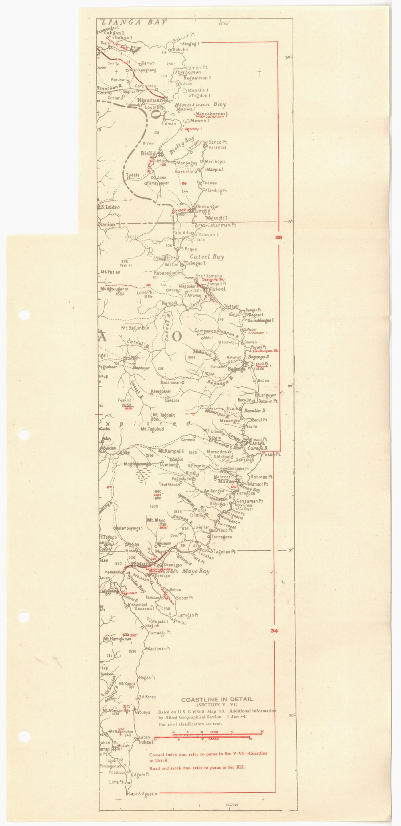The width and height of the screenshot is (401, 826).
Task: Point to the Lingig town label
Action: (203, 211)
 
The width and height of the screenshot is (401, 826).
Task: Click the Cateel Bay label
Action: (207, 257)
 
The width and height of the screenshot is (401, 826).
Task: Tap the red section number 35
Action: (279, 238)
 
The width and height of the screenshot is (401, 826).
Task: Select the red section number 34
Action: (274, 631)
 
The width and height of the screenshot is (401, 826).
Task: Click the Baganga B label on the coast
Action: (259, 357)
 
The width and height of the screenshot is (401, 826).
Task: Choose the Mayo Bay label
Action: (196, 571)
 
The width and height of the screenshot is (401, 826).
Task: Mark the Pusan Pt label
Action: (271, 454)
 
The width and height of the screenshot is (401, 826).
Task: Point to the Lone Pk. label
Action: (146, 292)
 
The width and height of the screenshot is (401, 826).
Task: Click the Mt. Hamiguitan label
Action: (117, 639)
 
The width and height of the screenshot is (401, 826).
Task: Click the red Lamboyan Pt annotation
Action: (265, 351)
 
